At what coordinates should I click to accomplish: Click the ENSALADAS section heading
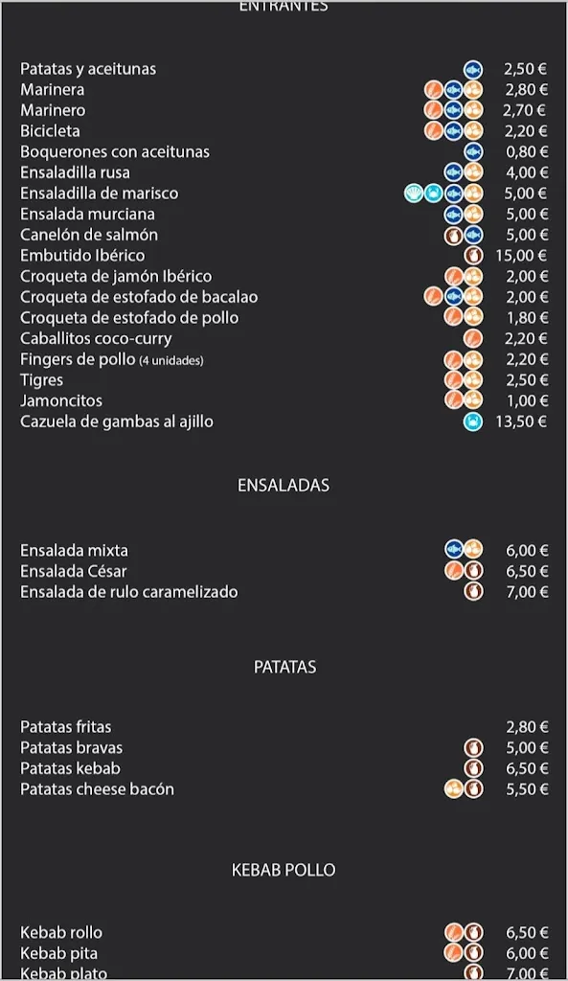pos(284,485)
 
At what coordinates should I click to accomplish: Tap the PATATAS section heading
pos(284,667)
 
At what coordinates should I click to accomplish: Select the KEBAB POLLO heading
pos(284,870)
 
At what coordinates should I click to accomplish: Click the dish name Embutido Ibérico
pos(82,256)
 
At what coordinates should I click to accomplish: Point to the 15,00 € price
pos(521,256)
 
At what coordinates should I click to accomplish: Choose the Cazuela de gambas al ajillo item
pos(117,422)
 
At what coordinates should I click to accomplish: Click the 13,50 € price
pos(521,422)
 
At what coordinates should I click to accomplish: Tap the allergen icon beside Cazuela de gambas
pos(473,422)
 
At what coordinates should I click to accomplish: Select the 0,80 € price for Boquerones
pos(526,152)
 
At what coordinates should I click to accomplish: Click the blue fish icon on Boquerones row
pos(473,152)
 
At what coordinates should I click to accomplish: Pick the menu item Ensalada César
pos(74,571)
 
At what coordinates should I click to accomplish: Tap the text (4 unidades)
pos(171,360)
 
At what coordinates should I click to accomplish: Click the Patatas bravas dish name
pos(72,747)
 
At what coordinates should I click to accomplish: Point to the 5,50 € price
pos(526,789)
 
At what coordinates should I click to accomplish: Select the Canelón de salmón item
pos(89,235)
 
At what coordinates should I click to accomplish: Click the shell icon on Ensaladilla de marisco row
pos(414,194)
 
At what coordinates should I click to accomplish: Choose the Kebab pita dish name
pos(58,953)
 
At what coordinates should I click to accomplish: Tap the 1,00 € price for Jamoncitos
pos(526,400)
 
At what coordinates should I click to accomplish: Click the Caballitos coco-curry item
pos(96,338)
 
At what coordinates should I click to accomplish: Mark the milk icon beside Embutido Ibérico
pos(473,256)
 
